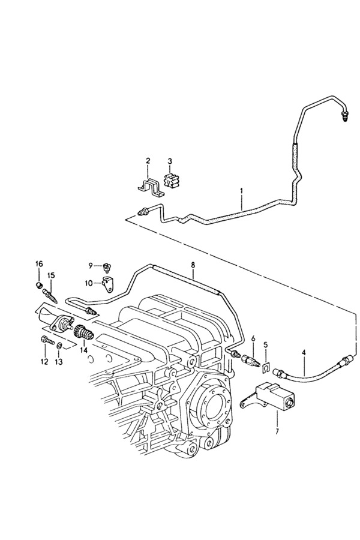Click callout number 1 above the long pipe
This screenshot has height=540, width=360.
tap(242, 192)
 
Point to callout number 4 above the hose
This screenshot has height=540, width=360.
tap(304, 352)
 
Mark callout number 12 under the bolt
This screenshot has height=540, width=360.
tap(44, 361)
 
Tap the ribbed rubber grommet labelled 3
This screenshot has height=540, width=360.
tap(172, 180)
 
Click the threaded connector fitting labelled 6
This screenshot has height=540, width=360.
tap(251, 361)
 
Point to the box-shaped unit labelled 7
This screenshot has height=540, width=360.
tap(273, 397)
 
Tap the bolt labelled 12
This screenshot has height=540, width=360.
tap(45, 341)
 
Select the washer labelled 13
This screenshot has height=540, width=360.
tap(59, 346)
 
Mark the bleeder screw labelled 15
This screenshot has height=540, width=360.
tap(52, 296)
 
